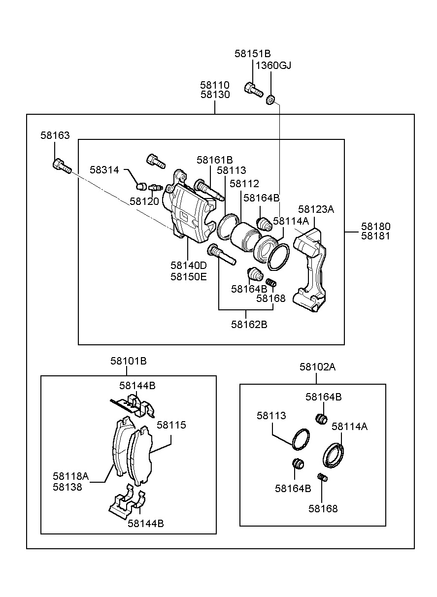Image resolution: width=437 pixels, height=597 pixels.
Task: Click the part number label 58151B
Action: point(253,54)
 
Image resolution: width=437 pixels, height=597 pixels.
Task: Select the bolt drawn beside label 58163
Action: point(61,166)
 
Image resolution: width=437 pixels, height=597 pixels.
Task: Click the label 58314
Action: point(104,170)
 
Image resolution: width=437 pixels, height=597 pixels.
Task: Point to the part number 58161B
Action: point(214,160)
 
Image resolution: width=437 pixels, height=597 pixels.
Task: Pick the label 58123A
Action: point(316,209)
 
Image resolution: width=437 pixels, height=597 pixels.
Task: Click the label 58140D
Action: point(189,265)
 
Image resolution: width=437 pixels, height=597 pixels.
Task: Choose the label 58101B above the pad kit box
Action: point(128,361)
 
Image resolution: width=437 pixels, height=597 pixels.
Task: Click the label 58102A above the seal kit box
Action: point(317,367)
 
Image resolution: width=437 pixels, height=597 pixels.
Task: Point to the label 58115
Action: point(171,425)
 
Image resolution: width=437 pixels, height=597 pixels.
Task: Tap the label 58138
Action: point(67,487)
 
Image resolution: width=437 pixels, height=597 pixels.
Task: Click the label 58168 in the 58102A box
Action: point(323,509)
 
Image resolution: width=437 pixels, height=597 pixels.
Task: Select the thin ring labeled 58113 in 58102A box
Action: point(301,439)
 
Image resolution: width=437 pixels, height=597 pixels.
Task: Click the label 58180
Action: point(375,227)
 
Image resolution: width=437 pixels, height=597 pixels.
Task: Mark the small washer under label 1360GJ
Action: point(270,100)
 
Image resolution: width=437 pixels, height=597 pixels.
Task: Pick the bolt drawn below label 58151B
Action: point(254,90)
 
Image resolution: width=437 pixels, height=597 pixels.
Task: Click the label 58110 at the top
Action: point(215,85)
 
